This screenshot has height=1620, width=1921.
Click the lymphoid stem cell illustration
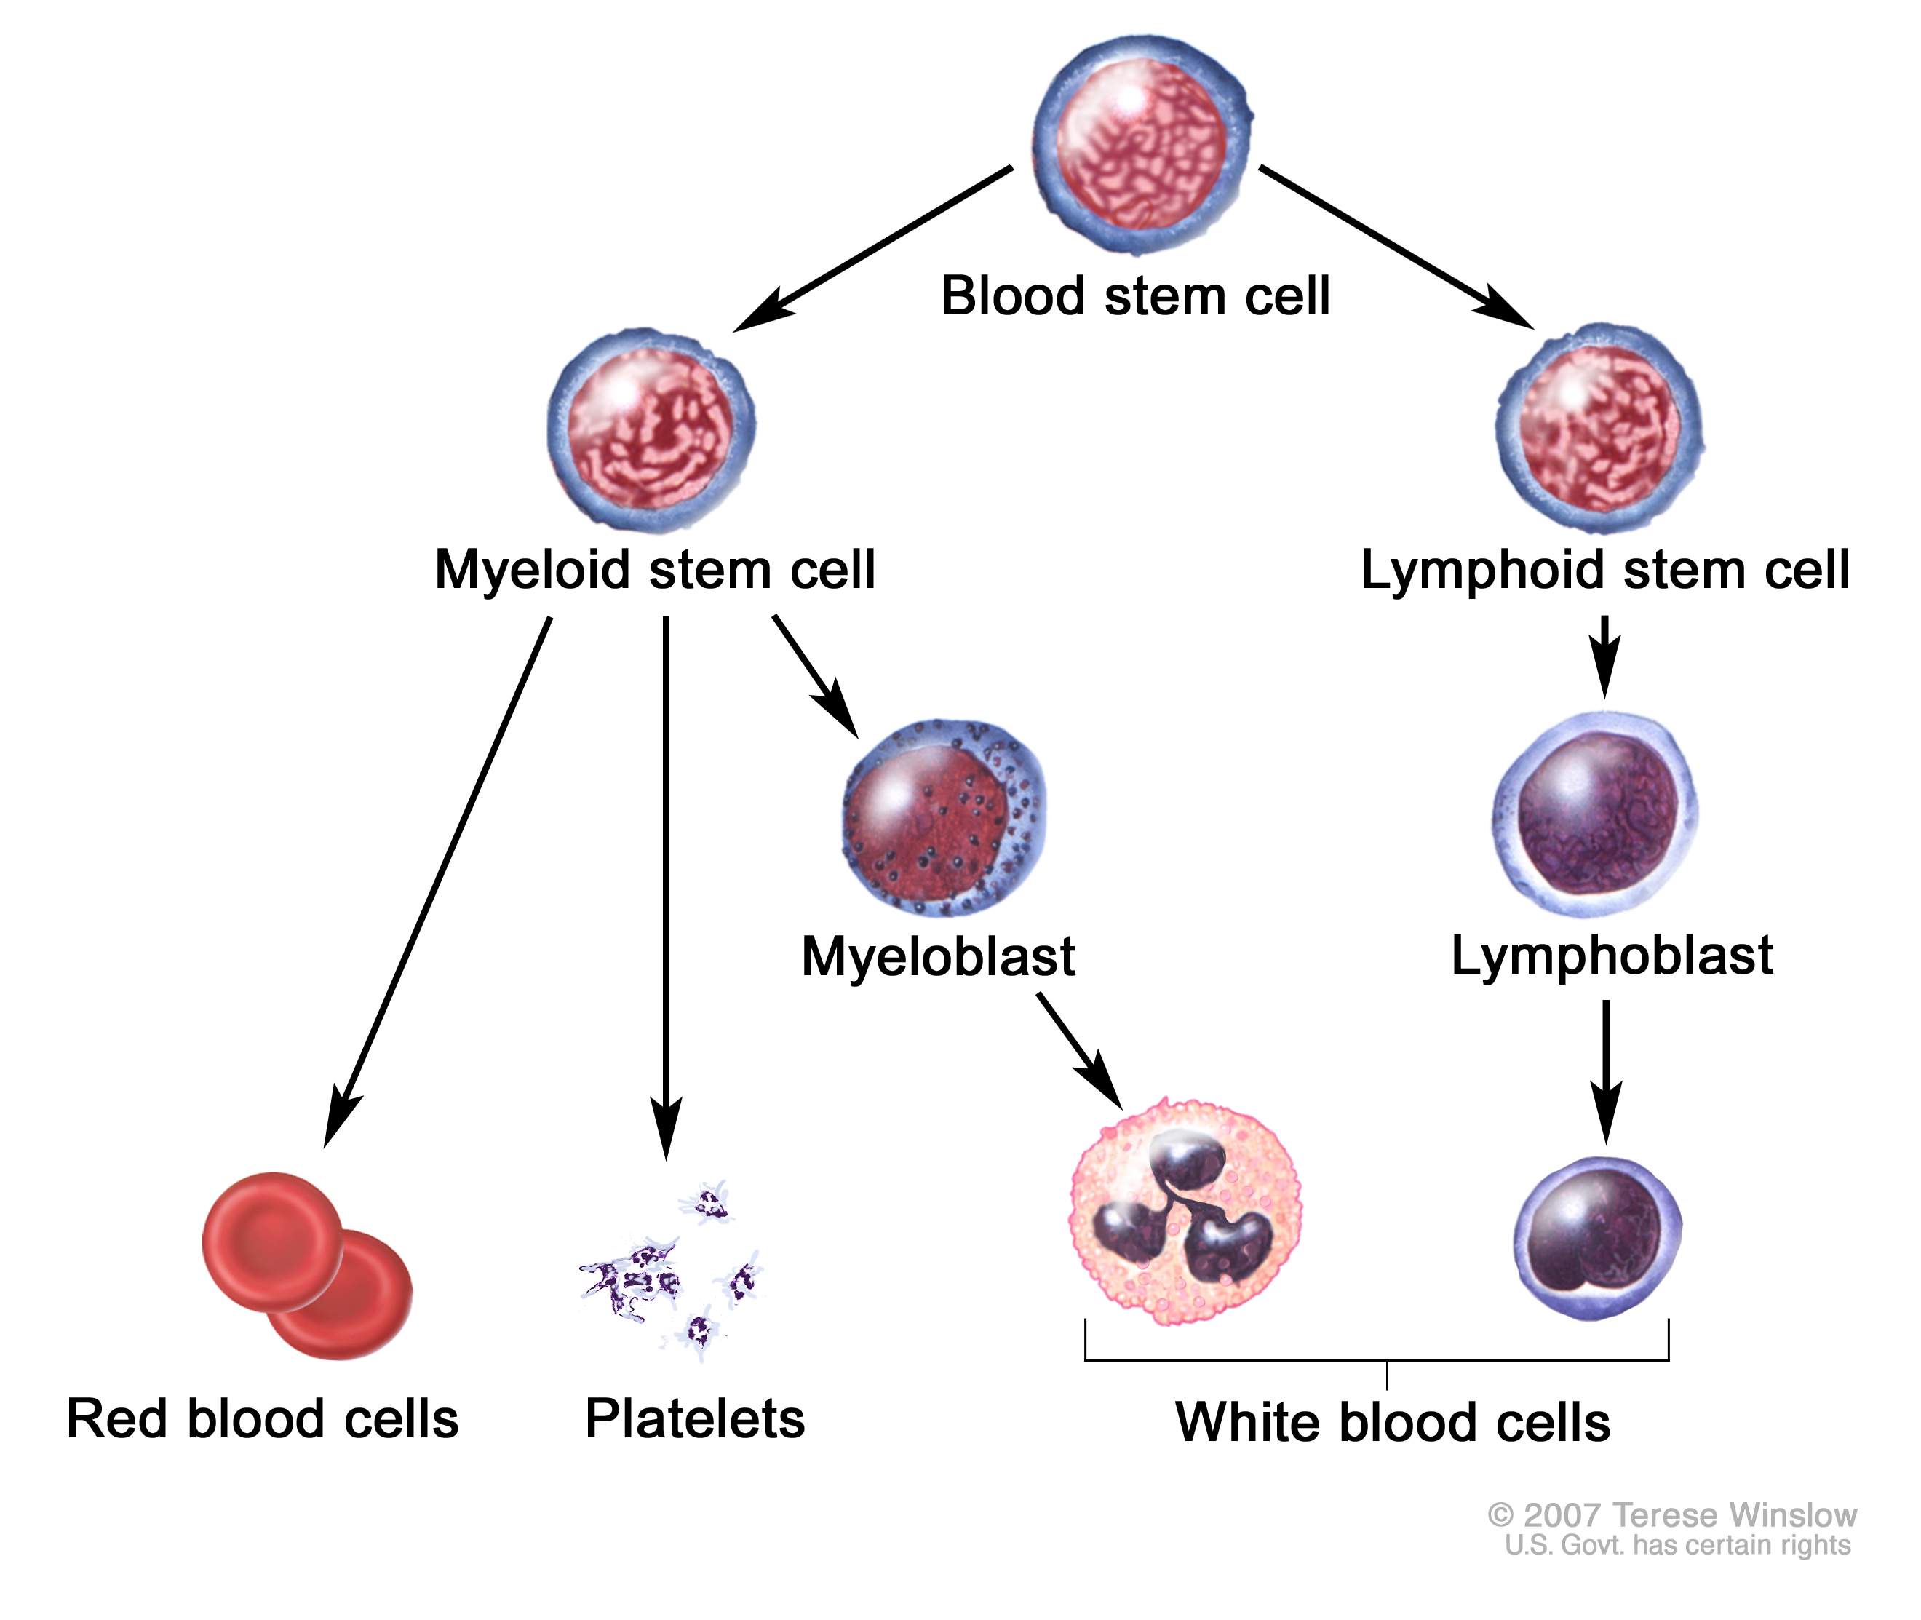click(x=1599, y=429)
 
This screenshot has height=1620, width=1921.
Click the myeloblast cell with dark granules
click(x=944, y=817)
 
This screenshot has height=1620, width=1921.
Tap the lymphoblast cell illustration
click(x=1595, y=814)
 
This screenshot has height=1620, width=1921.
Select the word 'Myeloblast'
click(x=937, y=957)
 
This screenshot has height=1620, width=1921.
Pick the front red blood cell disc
click(x=272, y=1240)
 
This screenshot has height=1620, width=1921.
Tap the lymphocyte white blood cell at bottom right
click(x=1597, y=1238)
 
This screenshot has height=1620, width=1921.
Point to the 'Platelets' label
click(x=694, y=1419)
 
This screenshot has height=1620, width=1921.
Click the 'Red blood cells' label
click(x=263, y=1419)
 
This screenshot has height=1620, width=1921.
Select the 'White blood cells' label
click(x=1392, y=1423)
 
